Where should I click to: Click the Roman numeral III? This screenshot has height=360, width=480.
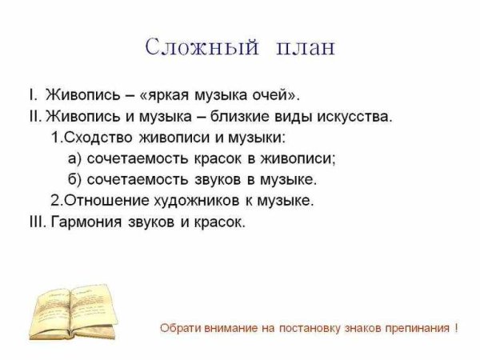[x=36, y=221]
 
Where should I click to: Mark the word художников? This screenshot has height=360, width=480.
[x=194, y=200]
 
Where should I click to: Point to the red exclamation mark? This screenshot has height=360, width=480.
[x=456, y=328]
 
